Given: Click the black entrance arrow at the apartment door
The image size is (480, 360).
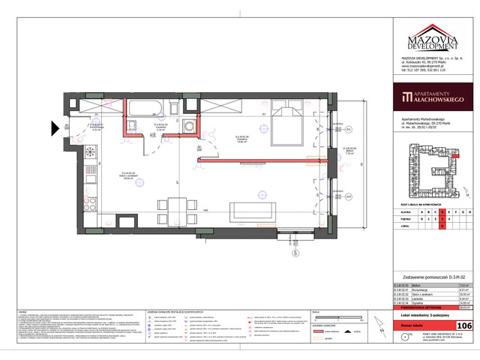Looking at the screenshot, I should click(56, 128).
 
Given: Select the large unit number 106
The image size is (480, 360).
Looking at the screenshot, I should click(464, 325).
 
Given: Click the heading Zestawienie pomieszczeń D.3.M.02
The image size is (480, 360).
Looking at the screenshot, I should click(426, 277).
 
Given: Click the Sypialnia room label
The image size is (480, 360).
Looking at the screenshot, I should click(242, 139).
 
